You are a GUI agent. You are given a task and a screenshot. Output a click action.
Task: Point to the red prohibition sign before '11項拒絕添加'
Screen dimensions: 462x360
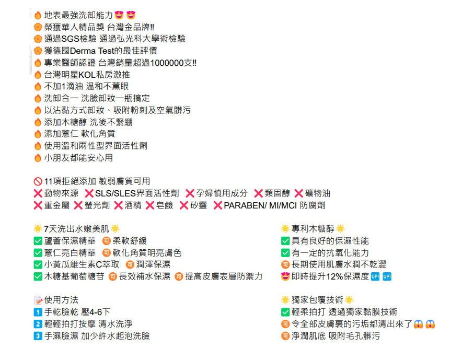click(x=38, y=181)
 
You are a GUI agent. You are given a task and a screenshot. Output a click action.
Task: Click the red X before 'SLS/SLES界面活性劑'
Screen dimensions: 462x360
click(x=89, y=193)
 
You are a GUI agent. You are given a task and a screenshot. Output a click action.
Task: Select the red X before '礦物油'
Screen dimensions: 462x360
click(x=299, y=193)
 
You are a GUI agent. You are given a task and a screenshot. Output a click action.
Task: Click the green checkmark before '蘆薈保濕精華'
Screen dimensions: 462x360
click(x=38, y=241)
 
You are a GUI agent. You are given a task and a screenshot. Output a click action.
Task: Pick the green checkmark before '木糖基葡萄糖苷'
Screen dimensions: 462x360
click(x=38, y=276)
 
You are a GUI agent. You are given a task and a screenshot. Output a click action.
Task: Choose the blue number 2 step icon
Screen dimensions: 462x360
click(x=38, y=324)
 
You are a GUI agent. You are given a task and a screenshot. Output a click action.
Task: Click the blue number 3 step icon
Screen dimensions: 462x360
click(x=38, y=336)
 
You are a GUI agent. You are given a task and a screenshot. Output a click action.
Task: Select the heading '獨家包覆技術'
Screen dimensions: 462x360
click(x=317, y=300)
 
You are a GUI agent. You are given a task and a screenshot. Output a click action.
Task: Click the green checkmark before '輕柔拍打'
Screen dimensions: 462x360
click(x=285, y=312)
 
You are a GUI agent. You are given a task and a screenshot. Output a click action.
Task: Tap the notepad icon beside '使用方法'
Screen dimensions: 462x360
click(x=38, y=300)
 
